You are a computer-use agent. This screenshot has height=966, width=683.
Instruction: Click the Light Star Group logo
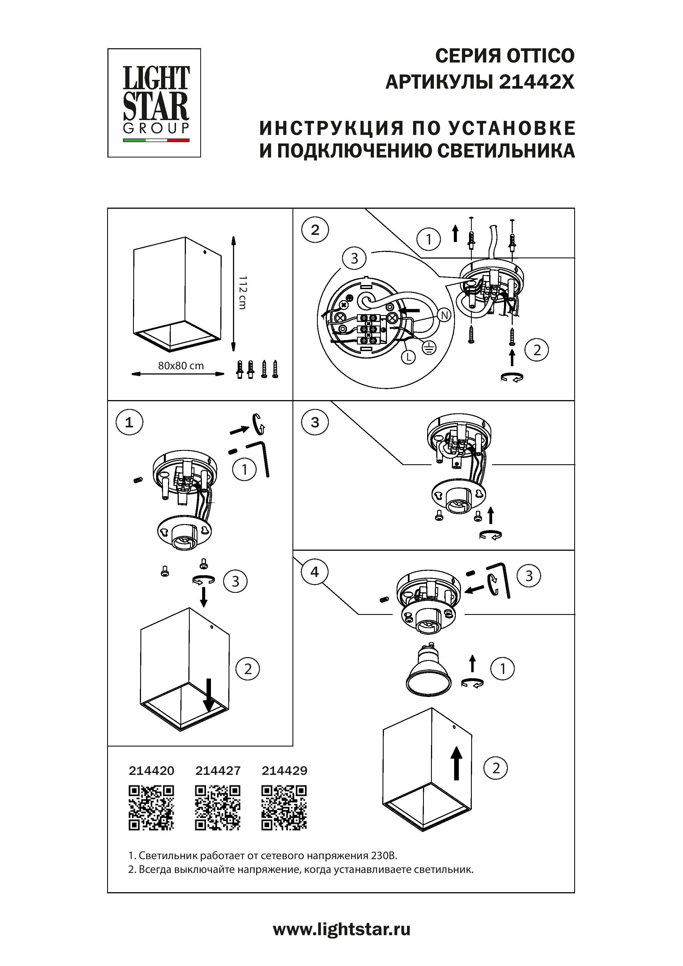pyautogui.click(x=154, y=103)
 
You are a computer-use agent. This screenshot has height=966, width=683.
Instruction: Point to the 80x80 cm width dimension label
pyautogui.click(x=181, y=366)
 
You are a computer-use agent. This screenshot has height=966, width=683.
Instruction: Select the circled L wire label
pyautogui.click(x=408, y=358)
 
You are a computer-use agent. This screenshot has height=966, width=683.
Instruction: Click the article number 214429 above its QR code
pyautogui.click(x=284, y=771)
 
